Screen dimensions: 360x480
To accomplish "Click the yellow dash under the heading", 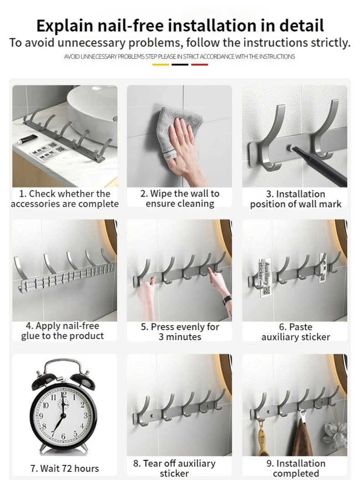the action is (160, 65).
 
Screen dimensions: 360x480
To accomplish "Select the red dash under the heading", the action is (200, 65).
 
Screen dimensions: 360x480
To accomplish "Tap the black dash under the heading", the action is (180, 65).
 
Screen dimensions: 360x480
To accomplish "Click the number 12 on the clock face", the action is (63, 395).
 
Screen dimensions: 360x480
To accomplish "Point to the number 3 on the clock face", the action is (86, 415).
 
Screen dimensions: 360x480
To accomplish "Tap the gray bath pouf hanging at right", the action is (336, 431).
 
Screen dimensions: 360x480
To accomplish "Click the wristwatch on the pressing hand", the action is (226, 299).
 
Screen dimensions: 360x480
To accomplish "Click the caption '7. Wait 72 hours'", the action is (65, 468).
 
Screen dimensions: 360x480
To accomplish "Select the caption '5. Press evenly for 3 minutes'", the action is (180, 332).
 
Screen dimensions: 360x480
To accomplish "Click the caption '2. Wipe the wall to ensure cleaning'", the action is (180, 199).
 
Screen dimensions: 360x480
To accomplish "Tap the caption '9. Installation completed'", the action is (296, 468).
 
